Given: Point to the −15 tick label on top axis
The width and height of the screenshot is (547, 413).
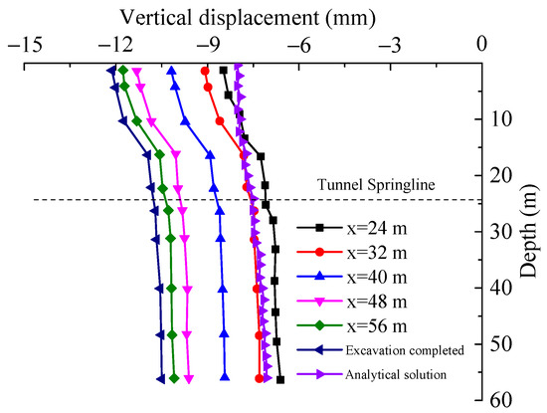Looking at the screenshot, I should click(21, 44).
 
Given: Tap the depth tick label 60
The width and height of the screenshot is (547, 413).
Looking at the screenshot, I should click(504, 399).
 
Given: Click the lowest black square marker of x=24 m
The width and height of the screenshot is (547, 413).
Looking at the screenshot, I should click(280, 379).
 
